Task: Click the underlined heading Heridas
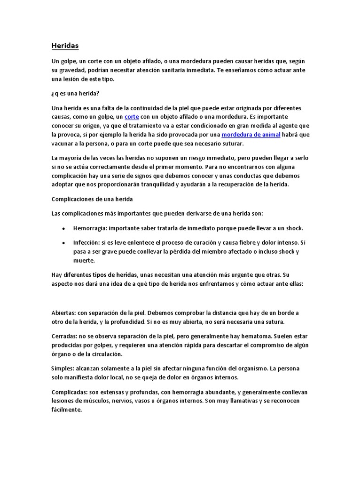pyautogui.click(x=65, y=46)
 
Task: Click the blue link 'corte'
pyautogui.click(x=132, y=116)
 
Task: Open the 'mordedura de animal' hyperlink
pyautogui.click(x=251, y=135)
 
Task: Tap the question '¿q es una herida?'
pyautogui.click(x=75, y=94)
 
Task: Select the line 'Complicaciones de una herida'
pyautogui.click(x=92, y=199)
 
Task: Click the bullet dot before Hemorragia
pyautogui.click(x=63, y=228)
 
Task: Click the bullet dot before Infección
pyautogui.click(x=63, y=243)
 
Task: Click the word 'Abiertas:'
pyautogui.click(x=64, y=313)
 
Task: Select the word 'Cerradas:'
pyautogui.click(x=64, y=336)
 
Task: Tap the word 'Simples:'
pyautogui.click(x=63, y=368)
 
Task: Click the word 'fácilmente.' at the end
pyautogui.click(x=67, y=410)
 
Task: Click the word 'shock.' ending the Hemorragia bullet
pyautogui.click(x=293, y=228)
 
